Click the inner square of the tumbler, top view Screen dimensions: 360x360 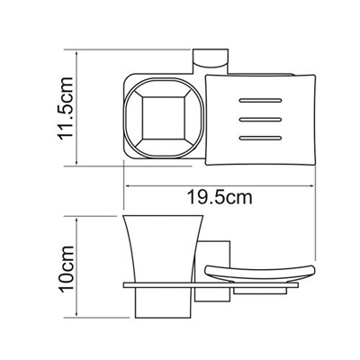(x=158, y=119)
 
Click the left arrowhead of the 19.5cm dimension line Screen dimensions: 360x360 (x=125, y=187)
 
